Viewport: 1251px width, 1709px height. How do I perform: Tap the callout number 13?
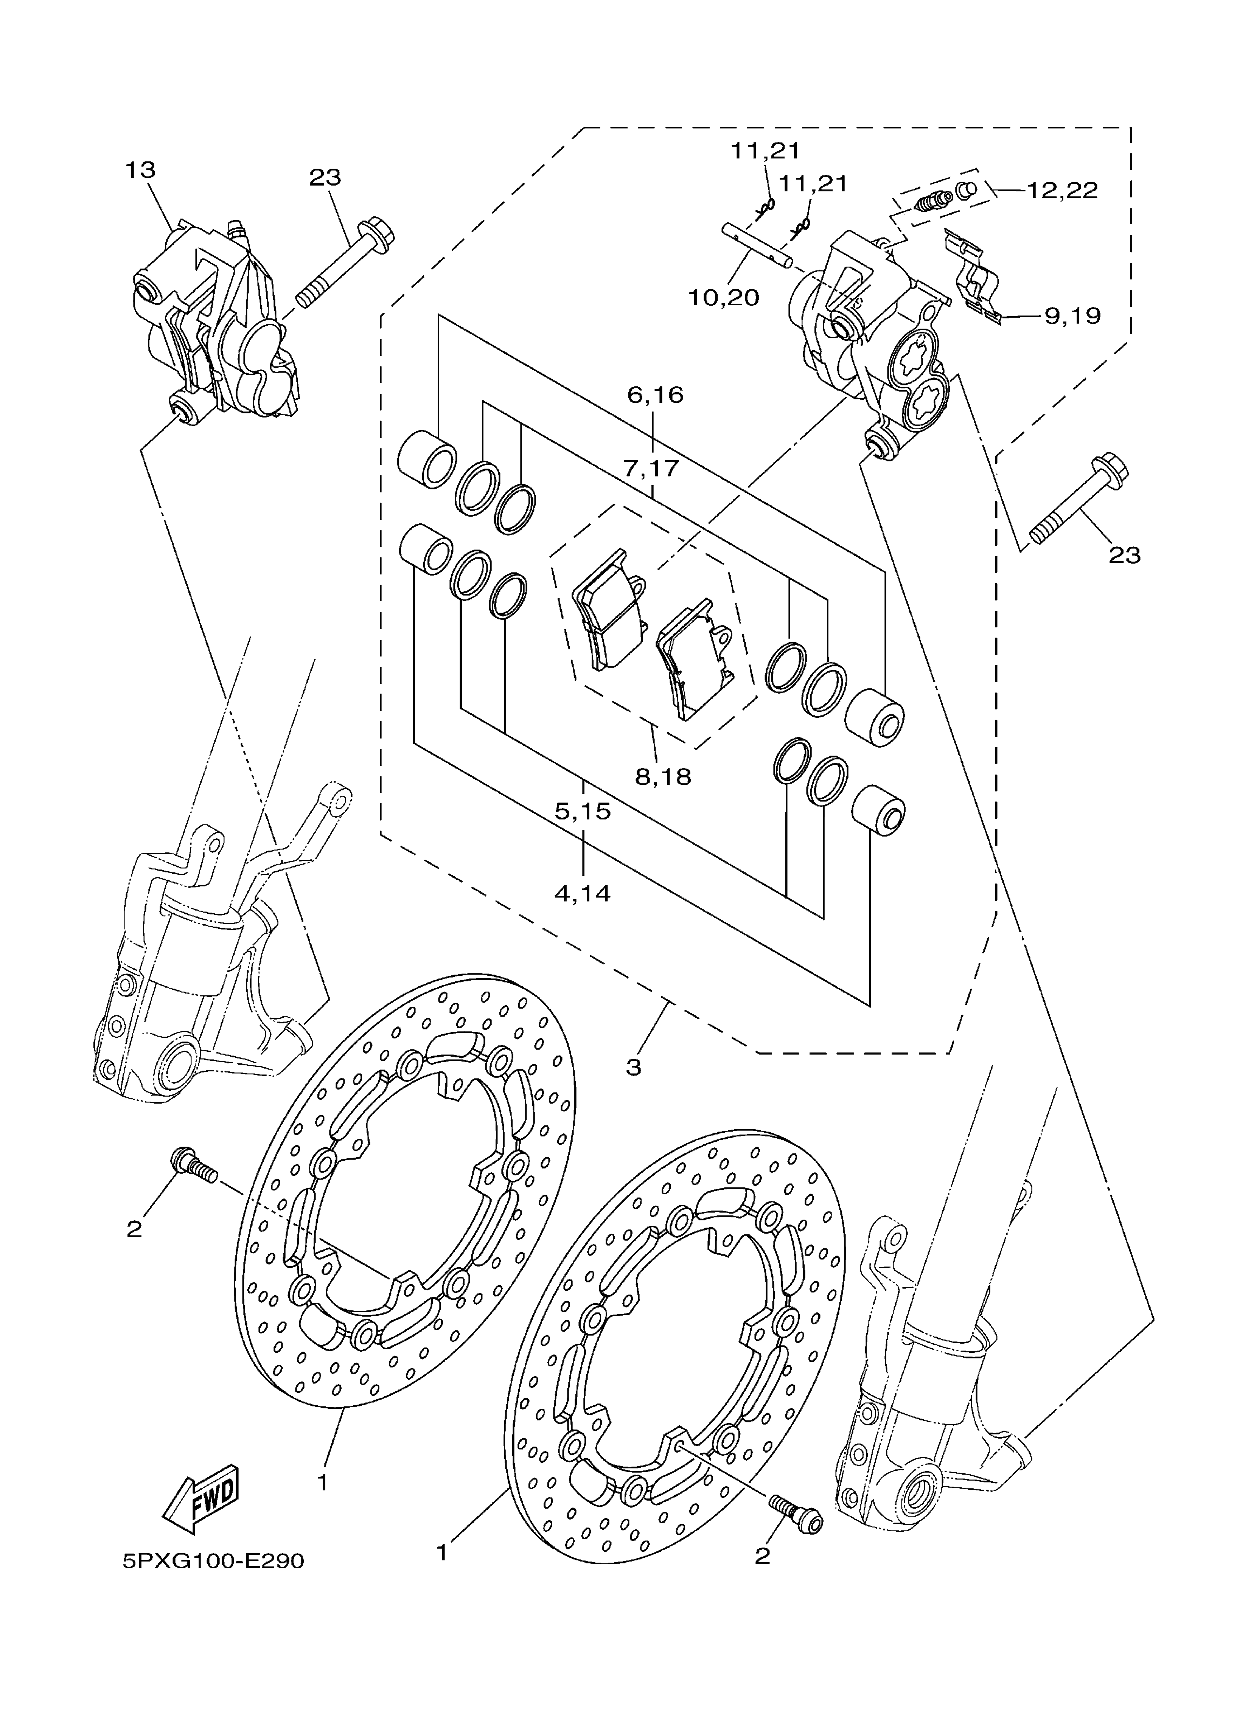(x=141, y=169)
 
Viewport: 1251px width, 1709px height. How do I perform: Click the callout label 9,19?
(x=1072, y=316)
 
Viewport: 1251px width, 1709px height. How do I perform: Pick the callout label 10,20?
(x=723, y=298)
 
